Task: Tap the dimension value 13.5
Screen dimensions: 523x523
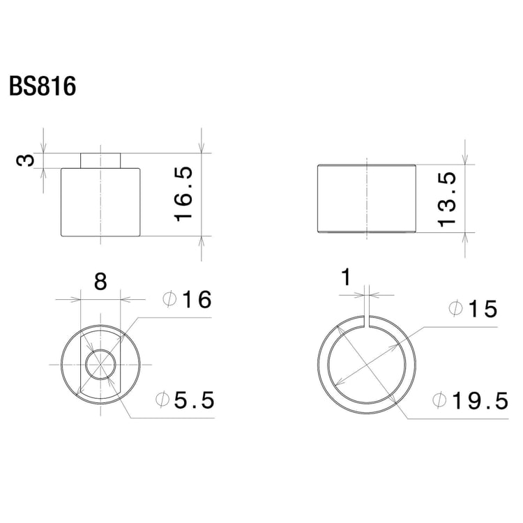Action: [x=447, y=199]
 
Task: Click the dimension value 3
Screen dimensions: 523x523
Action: [x=25, y=160]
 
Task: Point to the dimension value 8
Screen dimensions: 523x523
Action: [x=100, y=282]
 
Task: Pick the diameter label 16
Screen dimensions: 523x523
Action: [x=196, y=301]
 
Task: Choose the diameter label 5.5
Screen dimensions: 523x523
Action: [x=196, y=401]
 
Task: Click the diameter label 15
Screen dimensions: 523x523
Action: [x=481, y=309]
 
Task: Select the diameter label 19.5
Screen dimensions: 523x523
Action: [x=478, y=401]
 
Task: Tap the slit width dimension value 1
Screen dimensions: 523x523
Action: [x=346, y=279]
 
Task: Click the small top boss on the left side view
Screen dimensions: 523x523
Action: [x=100, y=160]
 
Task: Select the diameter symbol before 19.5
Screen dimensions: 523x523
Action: [x=440, y=401]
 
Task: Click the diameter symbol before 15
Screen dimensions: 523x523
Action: [x=455, y=309]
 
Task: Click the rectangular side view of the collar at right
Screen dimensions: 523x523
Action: [x=367, y=199]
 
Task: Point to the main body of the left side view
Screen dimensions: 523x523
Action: [x=100, y=202]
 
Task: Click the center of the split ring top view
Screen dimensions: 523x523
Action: [x=367, y=363]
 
